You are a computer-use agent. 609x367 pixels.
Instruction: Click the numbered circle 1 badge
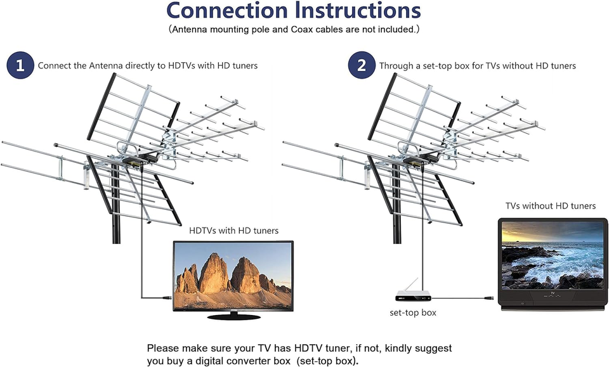tap(20, 66)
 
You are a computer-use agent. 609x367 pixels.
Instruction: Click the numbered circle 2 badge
tap(362, 66)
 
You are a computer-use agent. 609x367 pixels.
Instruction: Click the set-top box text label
tap(412, 312)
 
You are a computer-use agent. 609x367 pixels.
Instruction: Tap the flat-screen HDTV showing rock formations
tap(233, 276)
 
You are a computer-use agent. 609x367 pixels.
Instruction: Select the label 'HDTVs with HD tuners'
tap(233, 231)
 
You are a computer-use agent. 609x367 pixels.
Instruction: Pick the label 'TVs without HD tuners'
tap(551, 206)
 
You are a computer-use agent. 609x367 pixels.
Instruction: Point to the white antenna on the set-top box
tap(416, 285)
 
